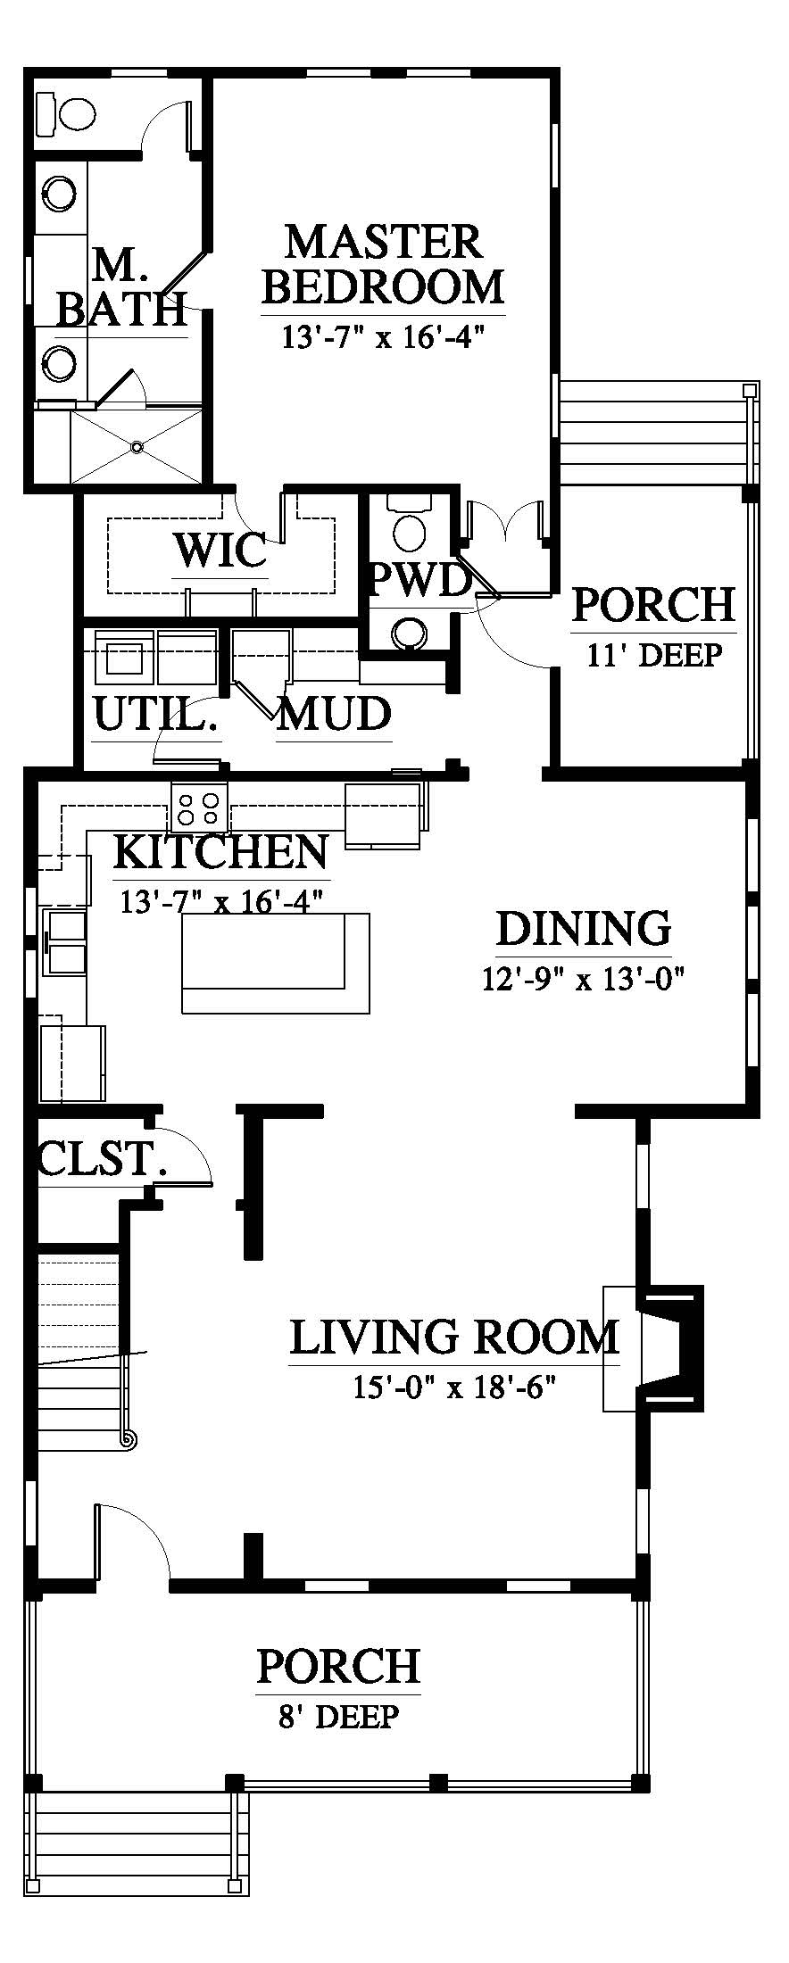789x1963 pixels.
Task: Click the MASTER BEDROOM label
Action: (385, 265)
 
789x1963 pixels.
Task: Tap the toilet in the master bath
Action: (66, 112)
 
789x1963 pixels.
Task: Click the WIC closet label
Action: (220, 550)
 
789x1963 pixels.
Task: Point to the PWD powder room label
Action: (419, 581)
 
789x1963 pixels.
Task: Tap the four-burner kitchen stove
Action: (200, 808)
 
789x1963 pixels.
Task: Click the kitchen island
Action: (276, 963)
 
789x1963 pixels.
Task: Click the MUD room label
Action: (334, 714)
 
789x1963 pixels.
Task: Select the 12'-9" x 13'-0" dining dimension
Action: (584, 980)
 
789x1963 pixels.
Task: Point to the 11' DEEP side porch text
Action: (654, 656)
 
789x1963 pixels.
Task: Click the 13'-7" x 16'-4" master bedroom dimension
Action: (383, 338)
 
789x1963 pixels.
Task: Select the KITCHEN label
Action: (220, 852)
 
